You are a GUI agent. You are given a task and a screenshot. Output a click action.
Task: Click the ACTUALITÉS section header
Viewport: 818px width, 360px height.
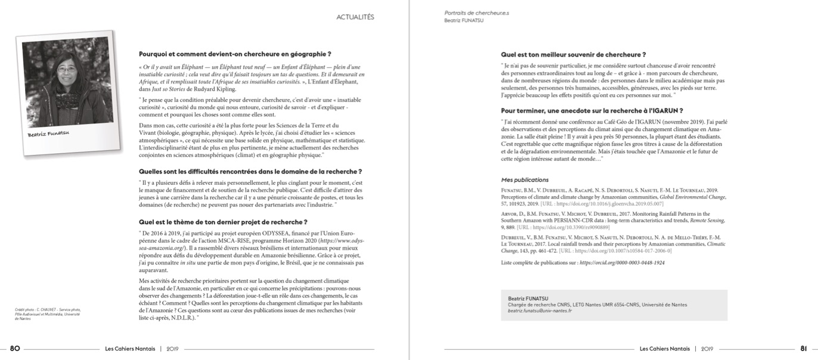355,17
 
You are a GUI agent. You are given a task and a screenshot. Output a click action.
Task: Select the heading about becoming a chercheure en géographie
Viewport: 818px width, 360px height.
235,54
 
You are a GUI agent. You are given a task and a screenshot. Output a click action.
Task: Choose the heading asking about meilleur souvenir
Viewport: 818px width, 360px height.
581,54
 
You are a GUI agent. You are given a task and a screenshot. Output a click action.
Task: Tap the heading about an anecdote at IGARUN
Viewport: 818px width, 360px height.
591,110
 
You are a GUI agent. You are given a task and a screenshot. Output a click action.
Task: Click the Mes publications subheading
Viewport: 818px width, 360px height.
525,179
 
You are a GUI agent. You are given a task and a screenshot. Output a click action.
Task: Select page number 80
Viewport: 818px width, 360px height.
15,349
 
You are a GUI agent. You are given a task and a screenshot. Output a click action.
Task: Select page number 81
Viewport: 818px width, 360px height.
804,349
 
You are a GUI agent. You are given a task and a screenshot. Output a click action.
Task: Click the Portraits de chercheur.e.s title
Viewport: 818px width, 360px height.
476,13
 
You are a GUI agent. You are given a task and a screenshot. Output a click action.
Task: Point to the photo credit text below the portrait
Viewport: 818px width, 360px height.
48,314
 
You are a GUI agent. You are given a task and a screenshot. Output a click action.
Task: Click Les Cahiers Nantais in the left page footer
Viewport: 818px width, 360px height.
130,349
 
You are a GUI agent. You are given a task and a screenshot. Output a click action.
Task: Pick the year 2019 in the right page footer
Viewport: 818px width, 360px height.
707,349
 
